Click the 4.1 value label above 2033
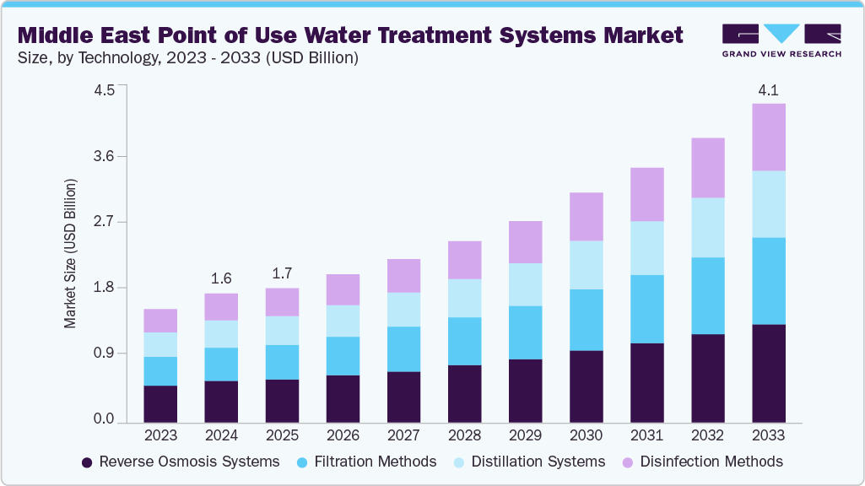click(x=768, y=89)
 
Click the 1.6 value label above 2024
click(x=221, y=278)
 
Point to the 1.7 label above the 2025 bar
click(x=282, y=274)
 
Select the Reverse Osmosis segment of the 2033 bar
click(x=768, y=373)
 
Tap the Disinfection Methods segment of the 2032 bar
click(x=707, y=168)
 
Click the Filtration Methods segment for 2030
click(x=586, y=320)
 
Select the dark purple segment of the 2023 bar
click(x=160, y=403)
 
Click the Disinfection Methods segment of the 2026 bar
click(x=343, y=289)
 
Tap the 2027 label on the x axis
click(x=403, y=435)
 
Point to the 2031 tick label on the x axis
click(x=646, y=435)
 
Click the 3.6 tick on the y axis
click(x=103, y=156)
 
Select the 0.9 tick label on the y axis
click(x=103, y=353)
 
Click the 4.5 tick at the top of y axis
click(x=103, y=91)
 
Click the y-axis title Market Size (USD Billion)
click(x=71, y=253)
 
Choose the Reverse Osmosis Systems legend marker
click(x=87, y=462)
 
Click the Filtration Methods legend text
click(x=375, y=462)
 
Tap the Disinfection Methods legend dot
click(x=628, y=462)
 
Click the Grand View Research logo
click(x=781, y=40)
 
